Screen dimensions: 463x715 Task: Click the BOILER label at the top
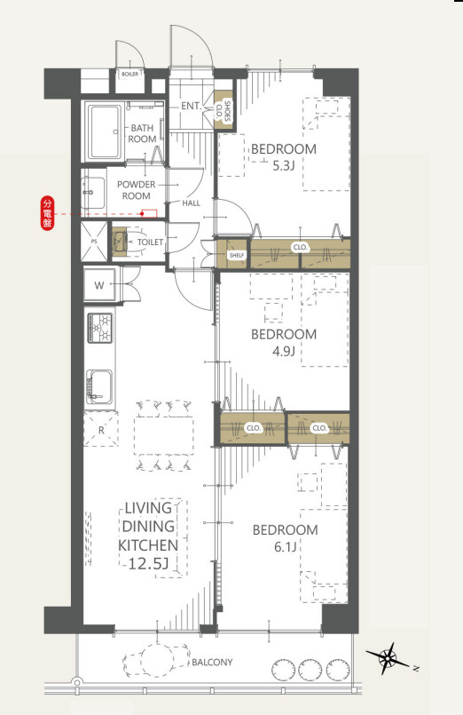point(129,74)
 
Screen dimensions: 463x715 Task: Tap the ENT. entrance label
point(192,106)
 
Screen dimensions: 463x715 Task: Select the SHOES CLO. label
point(224,112)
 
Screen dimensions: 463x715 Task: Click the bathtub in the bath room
point(105,131)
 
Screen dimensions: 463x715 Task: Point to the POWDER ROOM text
point(136,190)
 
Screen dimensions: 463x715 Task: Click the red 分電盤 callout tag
point(47,213)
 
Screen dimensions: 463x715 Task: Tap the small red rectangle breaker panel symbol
point(149,213)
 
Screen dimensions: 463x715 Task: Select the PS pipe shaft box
point(94,242)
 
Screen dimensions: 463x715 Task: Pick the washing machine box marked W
point(99,285)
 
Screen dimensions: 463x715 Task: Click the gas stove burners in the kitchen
point(99,328)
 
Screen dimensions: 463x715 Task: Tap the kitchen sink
point(99,386)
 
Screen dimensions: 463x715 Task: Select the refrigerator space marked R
point(100,429)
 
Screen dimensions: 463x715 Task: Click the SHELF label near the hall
point(237,256)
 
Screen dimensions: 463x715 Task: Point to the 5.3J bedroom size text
point(283,165)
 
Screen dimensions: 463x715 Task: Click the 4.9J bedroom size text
point(283,351)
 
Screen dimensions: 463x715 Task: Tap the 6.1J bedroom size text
point(285,546)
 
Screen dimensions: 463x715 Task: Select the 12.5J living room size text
point(148,564)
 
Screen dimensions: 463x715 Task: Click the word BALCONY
point(212,662)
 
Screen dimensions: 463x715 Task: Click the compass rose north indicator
point(388,658)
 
